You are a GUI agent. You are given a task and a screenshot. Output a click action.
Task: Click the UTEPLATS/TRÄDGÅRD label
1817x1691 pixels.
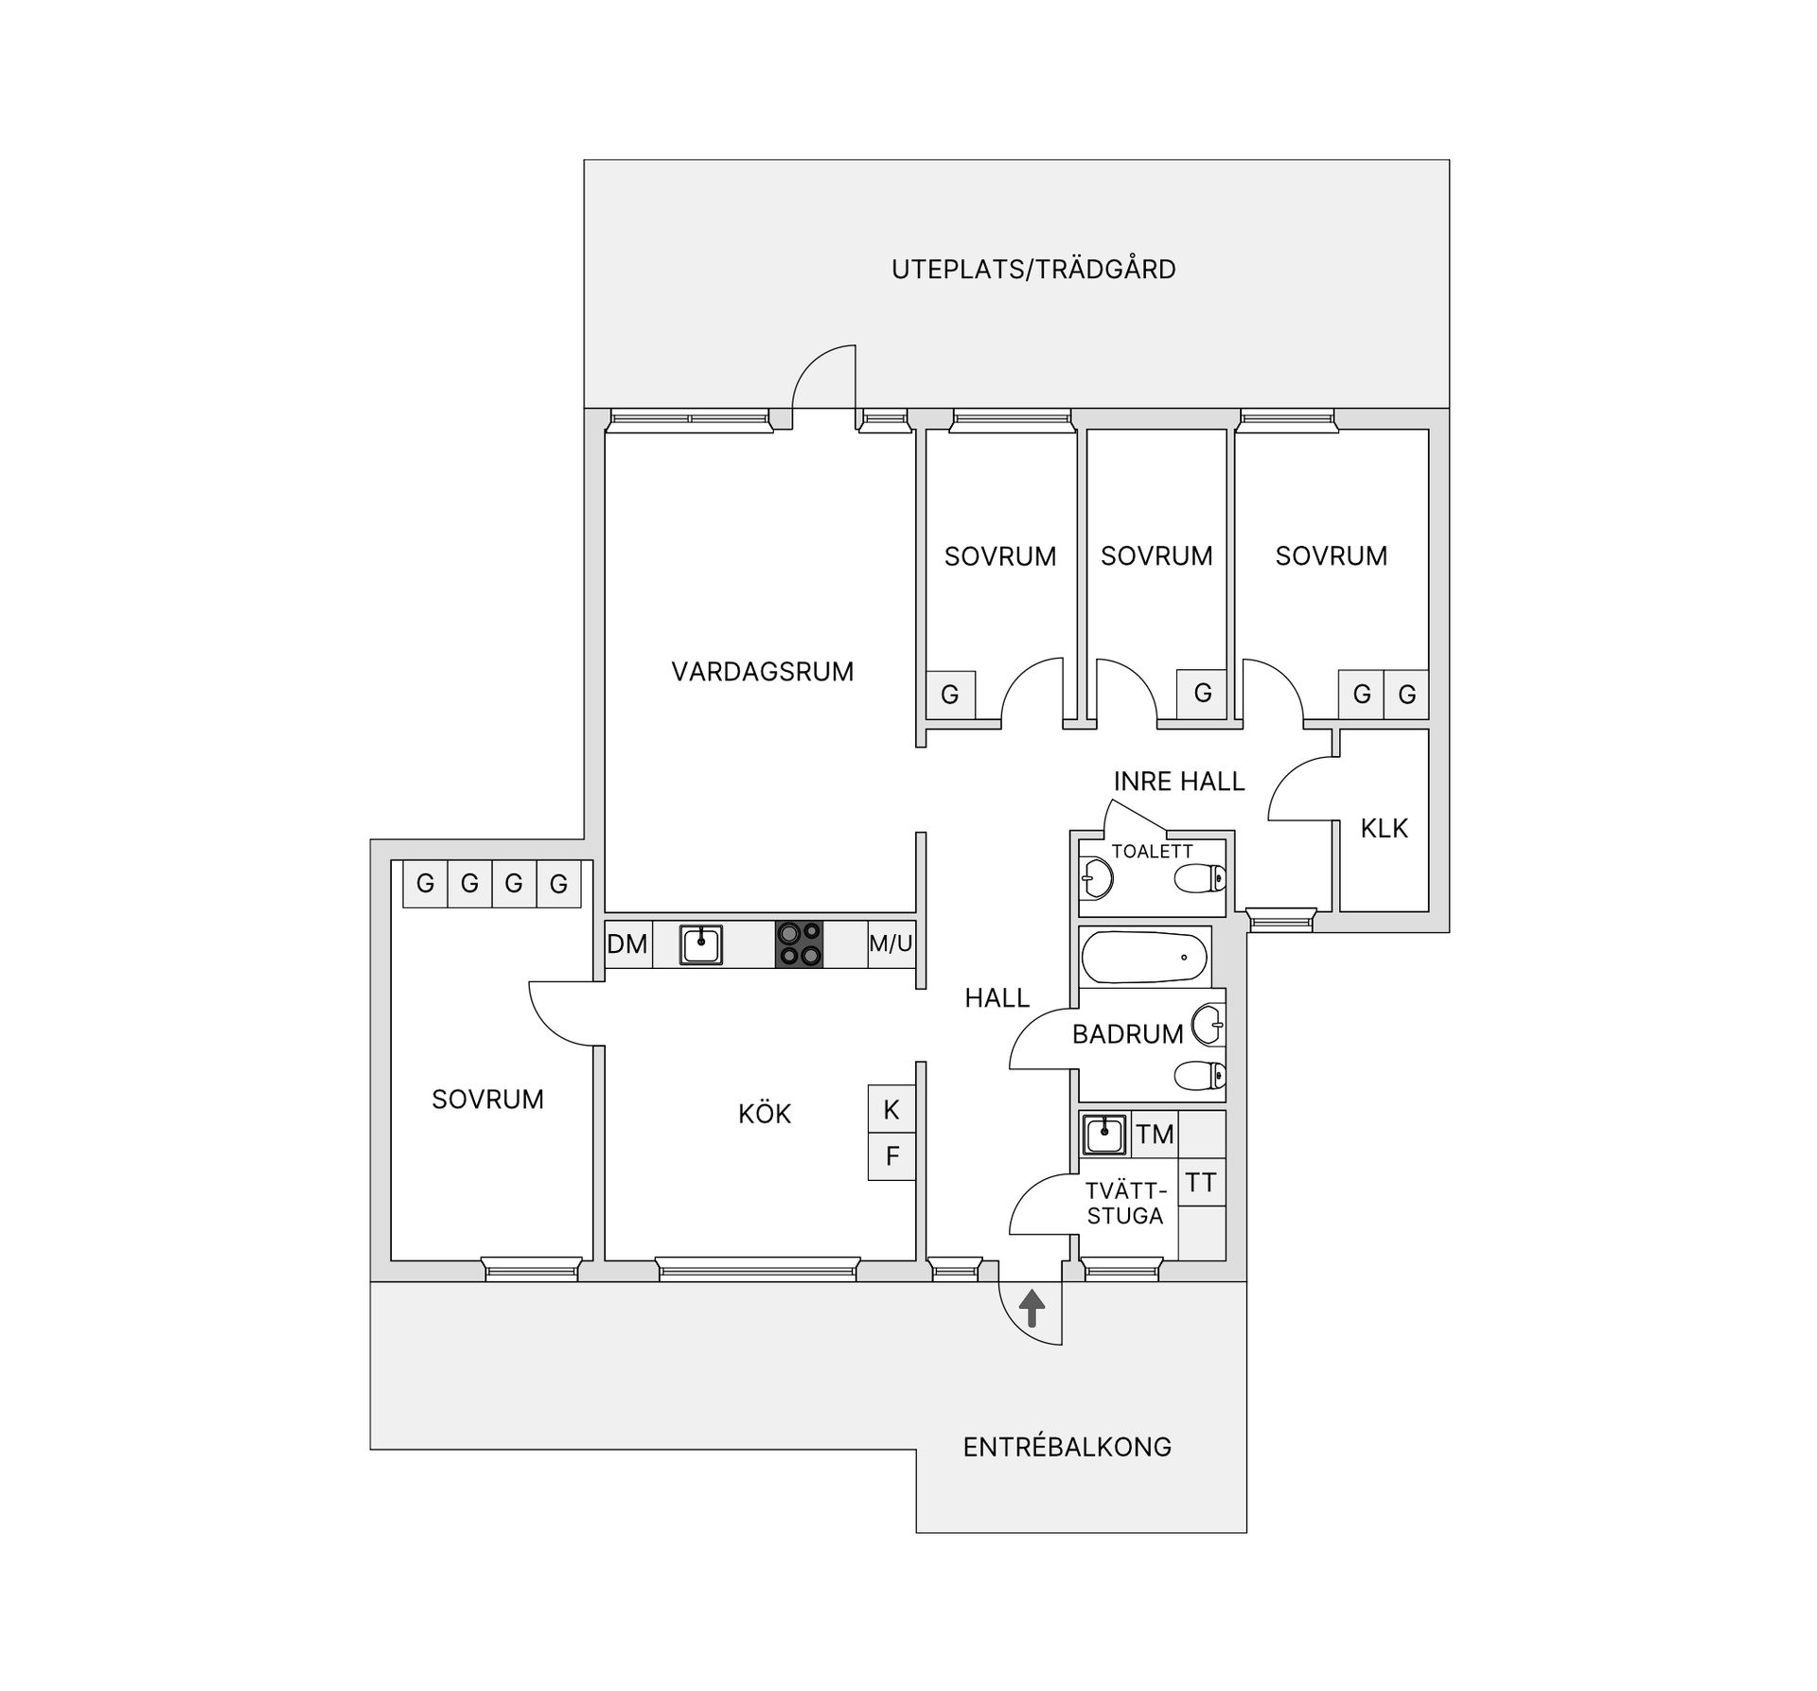[1033, 270]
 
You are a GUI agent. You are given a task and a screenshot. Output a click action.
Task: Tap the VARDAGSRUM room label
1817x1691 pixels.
[762, 672]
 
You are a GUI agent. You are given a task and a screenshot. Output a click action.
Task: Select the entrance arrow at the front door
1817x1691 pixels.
[1032, 1310]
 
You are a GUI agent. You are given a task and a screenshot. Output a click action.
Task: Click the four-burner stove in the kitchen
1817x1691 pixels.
[799, 944]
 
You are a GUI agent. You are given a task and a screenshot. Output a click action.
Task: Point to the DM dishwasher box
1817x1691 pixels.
[627, 944]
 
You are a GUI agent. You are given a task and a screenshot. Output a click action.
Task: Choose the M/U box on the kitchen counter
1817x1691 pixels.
[891, 944]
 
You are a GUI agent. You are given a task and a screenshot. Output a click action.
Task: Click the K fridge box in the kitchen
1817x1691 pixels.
[891, 1109]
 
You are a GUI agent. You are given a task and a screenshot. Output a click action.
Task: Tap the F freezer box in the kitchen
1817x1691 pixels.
[891, 1156]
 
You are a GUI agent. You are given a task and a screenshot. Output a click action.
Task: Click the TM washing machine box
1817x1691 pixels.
[1155, 1135]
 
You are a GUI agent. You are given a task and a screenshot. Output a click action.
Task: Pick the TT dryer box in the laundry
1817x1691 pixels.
[1201, 1183]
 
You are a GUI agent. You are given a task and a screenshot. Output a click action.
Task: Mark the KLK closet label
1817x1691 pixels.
[1384, 829]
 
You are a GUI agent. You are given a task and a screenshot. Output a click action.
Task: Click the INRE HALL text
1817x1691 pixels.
[1178, 782]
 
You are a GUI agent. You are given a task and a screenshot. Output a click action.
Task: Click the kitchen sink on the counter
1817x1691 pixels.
[700, 944]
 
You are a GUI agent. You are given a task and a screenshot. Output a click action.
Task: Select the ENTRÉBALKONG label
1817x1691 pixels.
[1067, 1447]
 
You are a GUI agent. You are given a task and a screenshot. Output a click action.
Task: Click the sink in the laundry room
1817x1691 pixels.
[1103, 1135]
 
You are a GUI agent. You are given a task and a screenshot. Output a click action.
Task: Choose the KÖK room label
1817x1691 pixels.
[764, 1115]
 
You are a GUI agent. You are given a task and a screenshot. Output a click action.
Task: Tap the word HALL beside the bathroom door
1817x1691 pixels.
[997, 998]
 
